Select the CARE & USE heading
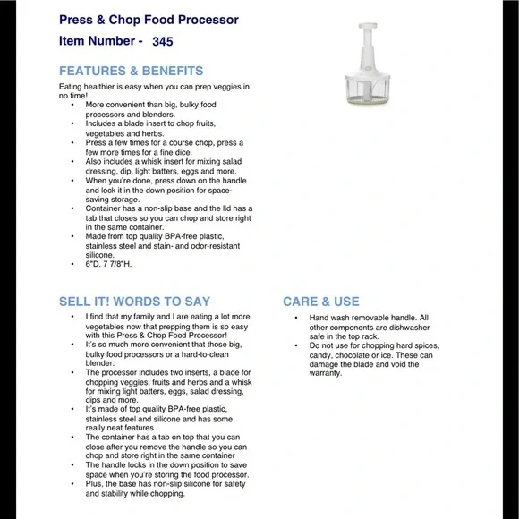[x=321, y=302]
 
